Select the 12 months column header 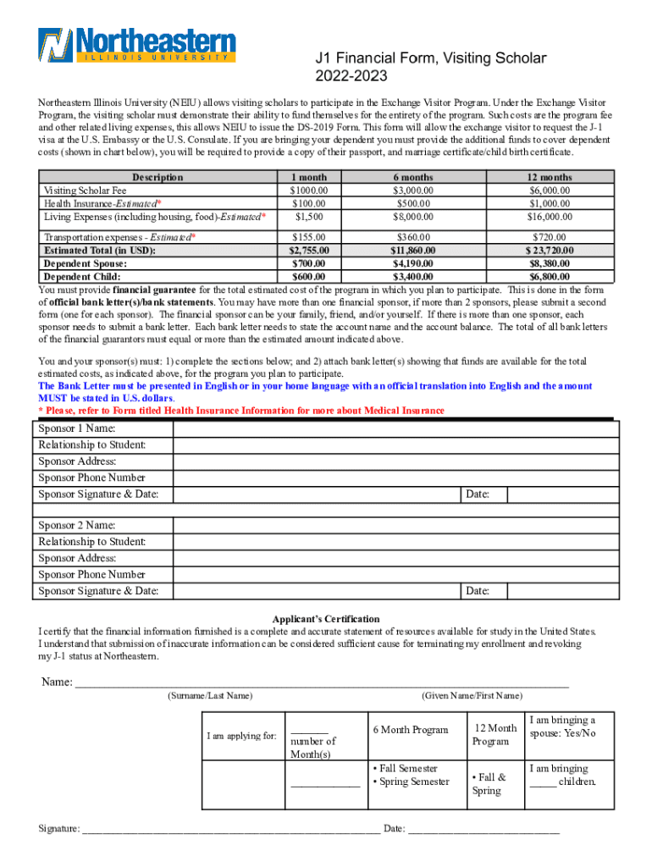pyautogui.click(x=550, y=177)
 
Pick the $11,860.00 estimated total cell pyautogui.click(x=412, y=251)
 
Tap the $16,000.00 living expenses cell pyautogui.click(x=550, y=216)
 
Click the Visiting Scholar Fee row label pyautogui.click(x=84, y=191)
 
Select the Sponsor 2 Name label pyautogui.click(x=77, y=525)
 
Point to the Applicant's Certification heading pyautogui.click(x=326, y=619)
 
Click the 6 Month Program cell pyautogui.click(x=410, y=730)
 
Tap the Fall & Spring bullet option pyautogui.click(x=489, y=783)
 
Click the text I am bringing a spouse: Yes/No pyautogui.click(x=562, y=726)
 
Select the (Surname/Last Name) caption pyautogui.click(x=210, y=696)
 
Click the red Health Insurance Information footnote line pyautogui.click(x=241, y=411)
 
